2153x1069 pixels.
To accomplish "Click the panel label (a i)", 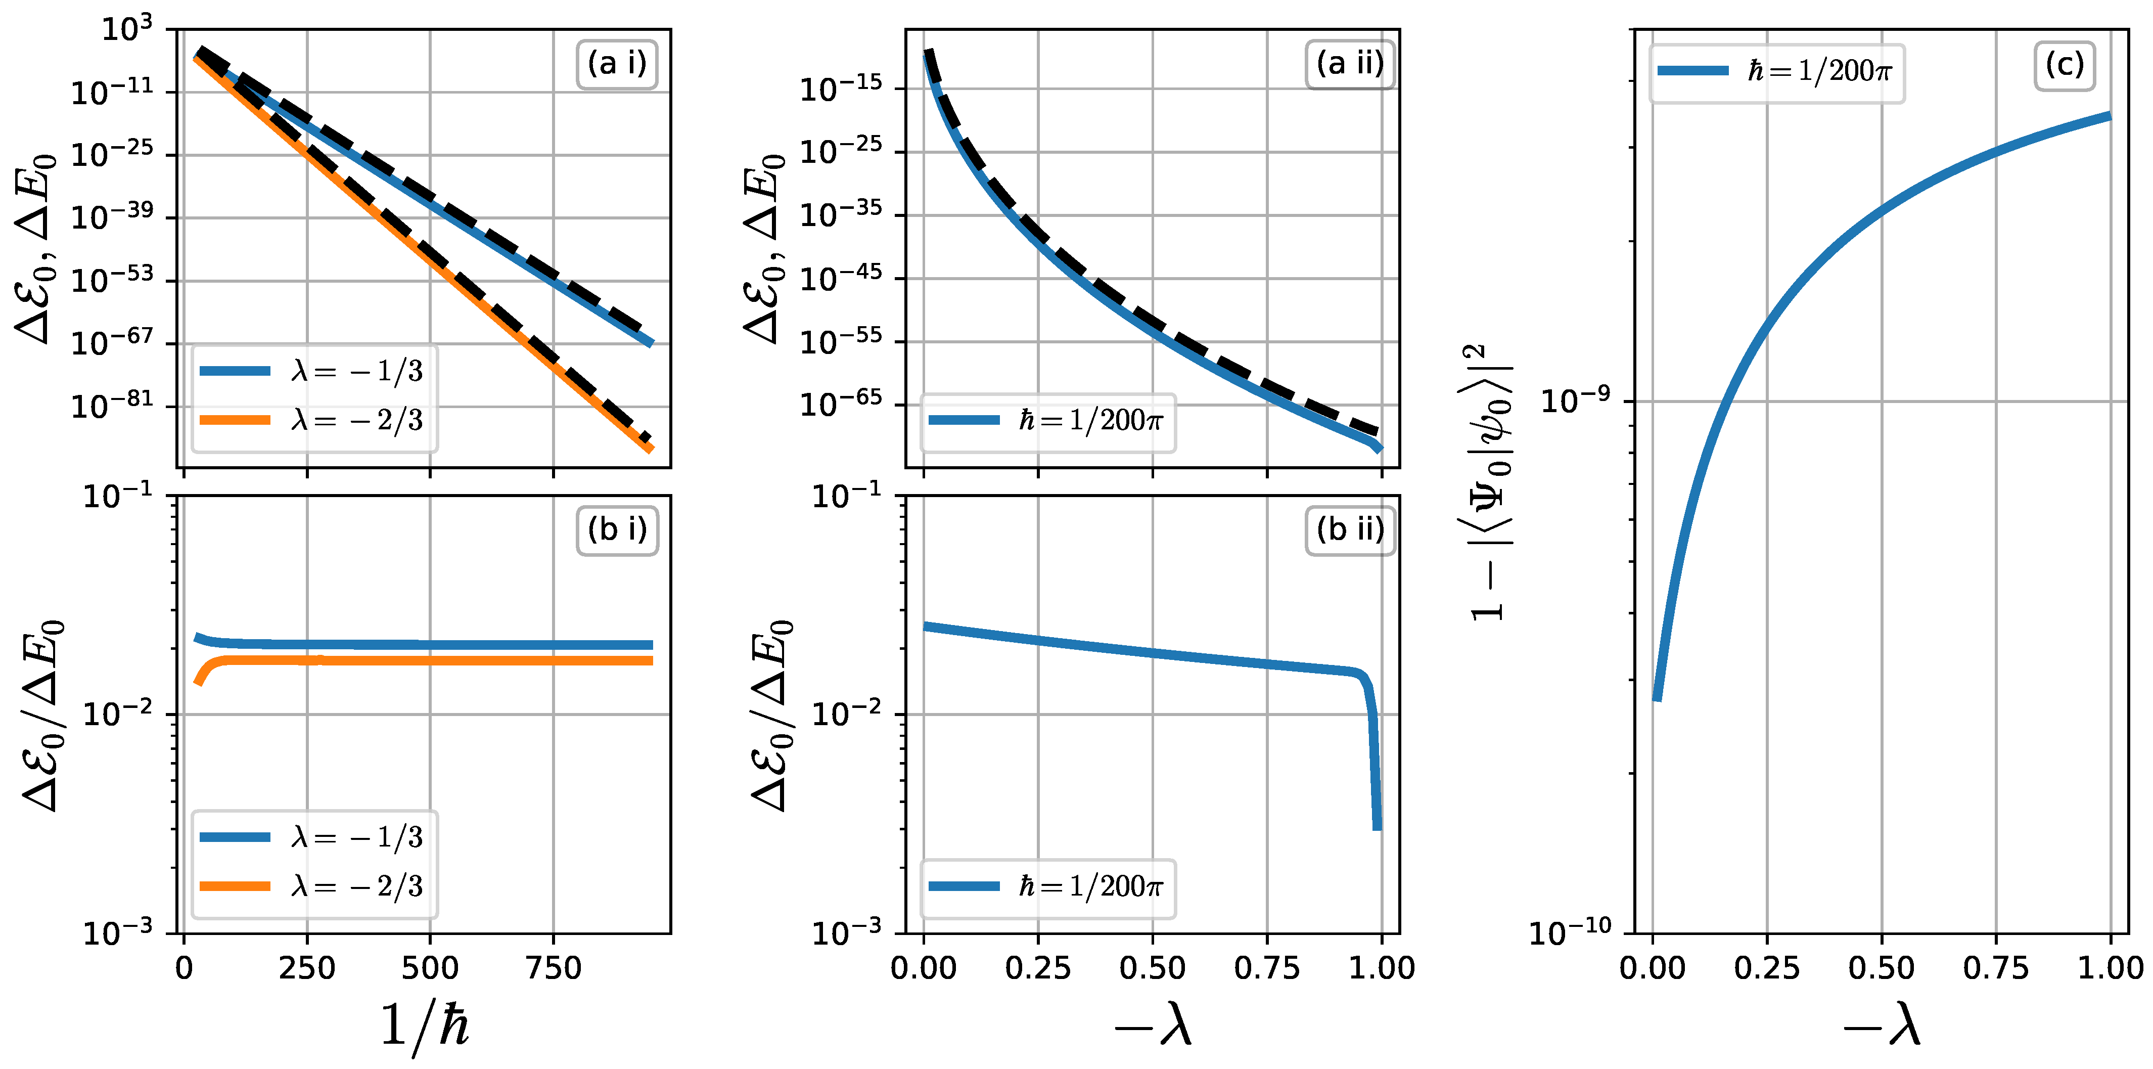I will (x=617, y=64).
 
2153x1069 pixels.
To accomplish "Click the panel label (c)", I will (x=2065, y=64).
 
